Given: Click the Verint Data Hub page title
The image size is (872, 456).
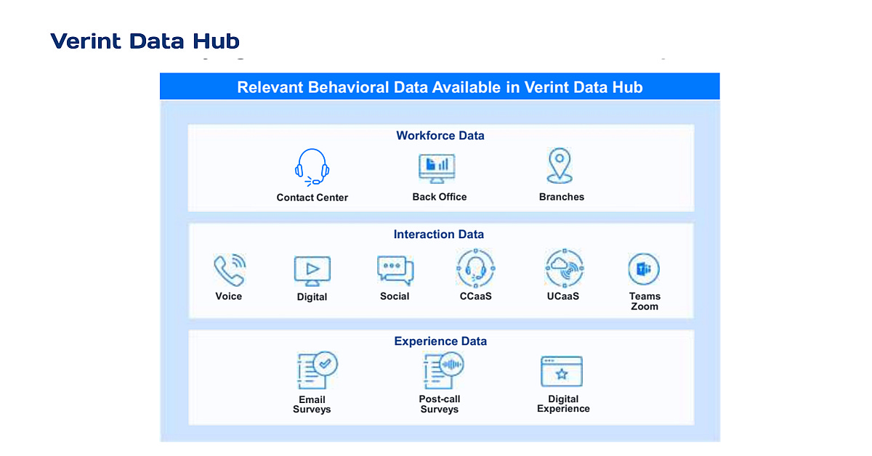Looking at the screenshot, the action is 145,41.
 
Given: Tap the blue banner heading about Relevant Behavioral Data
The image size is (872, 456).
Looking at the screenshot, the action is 440,87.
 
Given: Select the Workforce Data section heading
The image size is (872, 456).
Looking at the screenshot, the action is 440,136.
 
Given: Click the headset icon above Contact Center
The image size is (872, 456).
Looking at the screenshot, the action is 312,167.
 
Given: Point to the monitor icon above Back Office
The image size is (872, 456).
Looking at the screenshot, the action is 437,169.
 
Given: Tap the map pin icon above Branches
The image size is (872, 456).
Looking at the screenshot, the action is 560,166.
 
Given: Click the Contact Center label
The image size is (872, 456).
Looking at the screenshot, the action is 312,198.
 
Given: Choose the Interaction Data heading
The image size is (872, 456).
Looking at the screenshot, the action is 438,235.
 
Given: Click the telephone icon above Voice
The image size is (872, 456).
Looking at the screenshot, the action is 229,270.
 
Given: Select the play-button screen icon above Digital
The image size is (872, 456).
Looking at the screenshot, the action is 312,270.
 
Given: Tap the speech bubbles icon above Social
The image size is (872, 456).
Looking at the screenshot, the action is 395,269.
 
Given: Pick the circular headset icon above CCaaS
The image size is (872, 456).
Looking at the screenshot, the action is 476,269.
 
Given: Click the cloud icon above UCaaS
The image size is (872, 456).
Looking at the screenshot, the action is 564,269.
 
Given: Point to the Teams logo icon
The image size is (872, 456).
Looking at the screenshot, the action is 644,269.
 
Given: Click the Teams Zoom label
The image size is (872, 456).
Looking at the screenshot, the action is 645,301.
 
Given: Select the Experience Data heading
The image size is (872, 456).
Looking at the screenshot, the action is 440,341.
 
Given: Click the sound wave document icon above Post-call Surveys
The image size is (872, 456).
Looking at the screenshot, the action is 442,372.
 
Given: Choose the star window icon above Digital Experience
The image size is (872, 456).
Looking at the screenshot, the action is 562,372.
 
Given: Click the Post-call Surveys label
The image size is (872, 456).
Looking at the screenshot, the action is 440,404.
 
